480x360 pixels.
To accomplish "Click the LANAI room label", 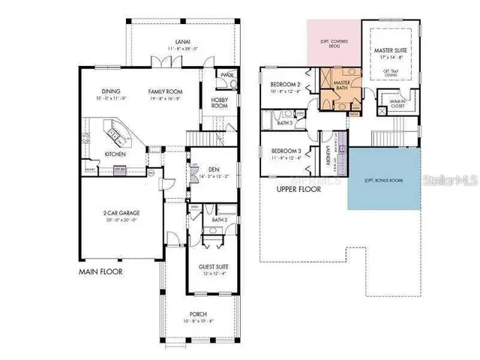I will point(182,43).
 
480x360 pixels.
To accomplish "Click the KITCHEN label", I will point(115,154).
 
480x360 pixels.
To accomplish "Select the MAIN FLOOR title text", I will point(101,271).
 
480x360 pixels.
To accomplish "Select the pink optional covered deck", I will point(332,43).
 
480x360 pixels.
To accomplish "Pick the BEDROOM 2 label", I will point(286,84).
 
